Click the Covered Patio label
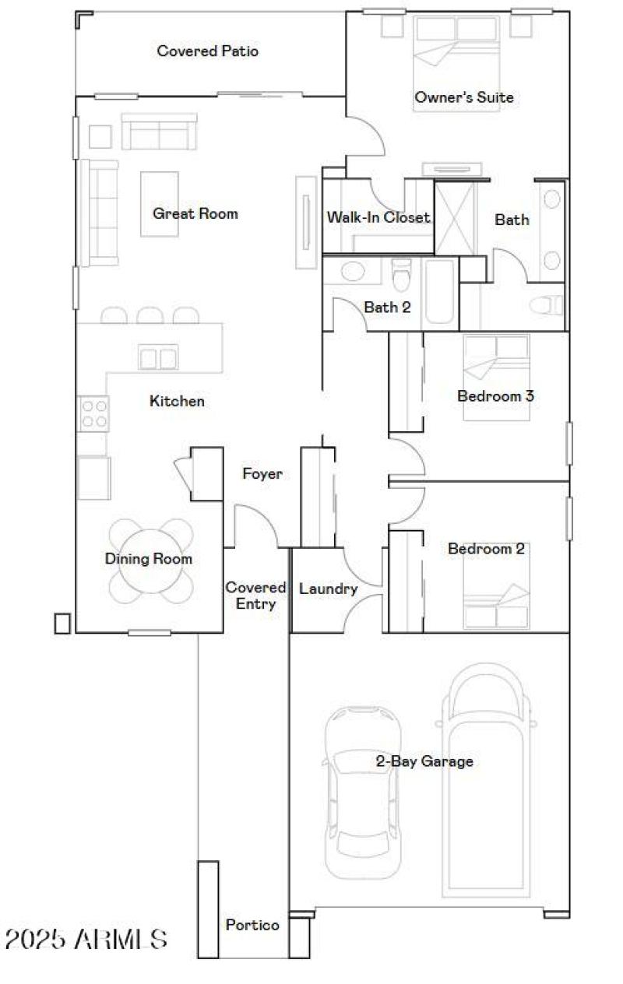tap(207, 51)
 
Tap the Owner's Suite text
tap(463, 97)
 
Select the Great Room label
tap(195, 213)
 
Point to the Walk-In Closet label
tap(378, 218)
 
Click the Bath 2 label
tap(387, 307)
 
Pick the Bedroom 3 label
tap(495, 395)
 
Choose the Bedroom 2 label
tap(486, 549)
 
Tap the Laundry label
tap(328, 589)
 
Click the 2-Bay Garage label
tap(424, 761)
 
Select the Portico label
tap(252, 925)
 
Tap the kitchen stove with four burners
tap(93, 413)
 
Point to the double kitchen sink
tap(157, 358)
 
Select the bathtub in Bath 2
tap(441, 294)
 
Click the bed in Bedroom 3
tap(496, 377)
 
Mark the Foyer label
tap(262, 473)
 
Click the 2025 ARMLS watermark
tap(86, 939)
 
